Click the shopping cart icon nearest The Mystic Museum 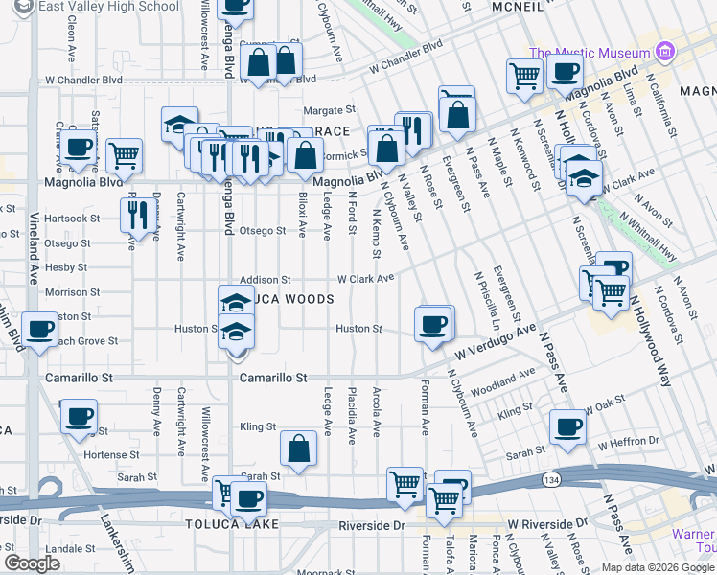click(524, 76)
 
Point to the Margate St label click(331, 109)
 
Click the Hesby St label click(66, 268)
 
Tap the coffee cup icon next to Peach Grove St click(40, 331)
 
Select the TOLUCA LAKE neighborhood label click(234, 524)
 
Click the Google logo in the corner click(32, 563)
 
